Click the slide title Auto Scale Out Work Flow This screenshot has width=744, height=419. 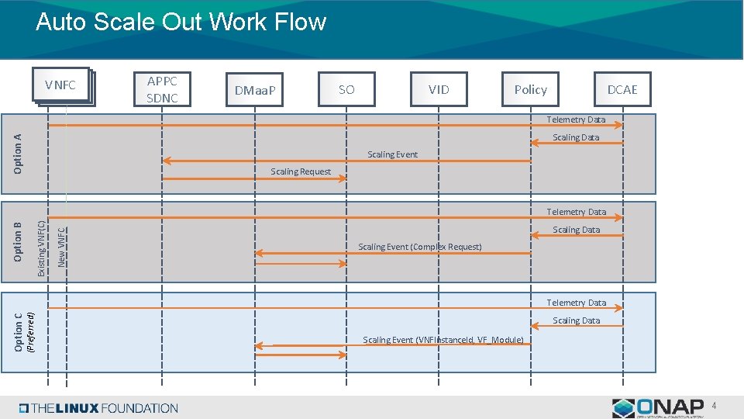pyautogui.click(x=181, y=22)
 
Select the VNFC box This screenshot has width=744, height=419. pyautogui.click(x=60, y=85)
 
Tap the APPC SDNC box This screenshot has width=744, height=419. pyautogui.click(x=162, y=89)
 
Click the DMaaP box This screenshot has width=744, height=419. pyautogui.click(x=255, y=90)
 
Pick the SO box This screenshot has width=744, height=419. pyautogui.click(x=346, y=89)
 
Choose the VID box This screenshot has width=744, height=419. pyautogui.click(x=439, y=89)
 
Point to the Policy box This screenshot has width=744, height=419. pyautogui.click(x=530, y=89)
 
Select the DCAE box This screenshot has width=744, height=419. pyautogui.click(x=622, y=89)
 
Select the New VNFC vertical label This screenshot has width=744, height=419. pyautogui.click(x=62, y=246)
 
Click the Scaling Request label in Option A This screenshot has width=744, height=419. pyautogui.click(x=301, y=171)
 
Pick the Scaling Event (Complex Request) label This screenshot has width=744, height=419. pyautogui.click(x=419, y=247)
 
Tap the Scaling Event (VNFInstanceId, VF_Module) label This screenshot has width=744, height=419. pyautogui.click(x=443, y=340)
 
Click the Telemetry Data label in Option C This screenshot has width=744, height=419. pyautogui.click(x=576, y=303)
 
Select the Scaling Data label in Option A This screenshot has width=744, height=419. pyautogui.click(x=576, y=137)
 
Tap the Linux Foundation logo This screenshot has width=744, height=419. pyautogui.click(x=98, y=408)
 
